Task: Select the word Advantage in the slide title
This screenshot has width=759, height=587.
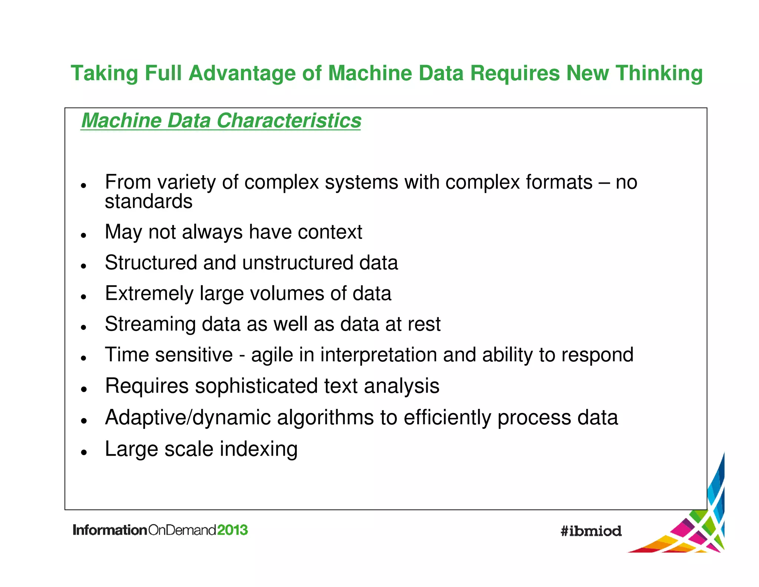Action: point(242,73)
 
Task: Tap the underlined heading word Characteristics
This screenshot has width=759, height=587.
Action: point(289,121)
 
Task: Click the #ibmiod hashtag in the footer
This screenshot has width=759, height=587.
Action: point(591,531)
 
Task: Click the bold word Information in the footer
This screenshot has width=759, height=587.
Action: point(110,530)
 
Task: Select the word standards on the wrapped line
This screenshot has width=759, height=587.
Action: point(149,201)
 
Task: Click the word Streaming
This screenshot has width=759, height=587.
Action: point(150,324)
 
